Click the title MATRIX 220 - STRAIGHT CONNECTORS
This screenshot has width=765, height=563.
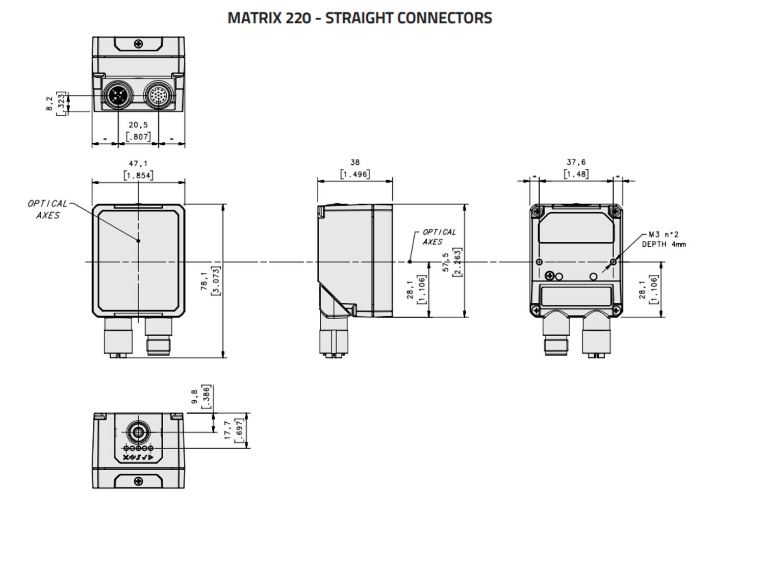coord(360,18)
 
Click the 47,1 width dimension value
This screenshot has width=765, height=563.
coord(138,164)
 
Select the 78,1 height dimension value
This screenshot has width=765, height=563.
coord(205,281)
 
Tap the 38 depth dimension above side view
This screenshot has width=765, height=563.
coord(355,162)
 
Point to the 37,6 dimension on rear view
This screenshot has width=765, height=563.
coord(576,162)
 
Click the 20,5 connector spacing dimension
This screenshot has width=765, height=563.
coord(138,125)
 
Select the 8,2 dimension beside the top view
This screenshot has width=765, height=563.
coord(49,104)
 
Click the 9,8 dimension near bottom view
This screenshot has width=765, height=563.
coord(195,397)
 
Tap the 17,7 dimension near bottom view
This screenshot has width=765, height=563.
coord(228,430)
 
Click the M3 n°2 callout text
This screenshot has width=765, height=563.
coord(664,235)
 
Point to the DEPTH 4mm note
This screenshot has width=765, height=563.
coord(664,244)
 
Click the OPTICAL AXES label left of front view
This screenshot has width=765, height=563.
coord(47,210)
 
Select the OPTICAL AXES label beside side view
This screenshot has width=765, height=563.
coord(439,237)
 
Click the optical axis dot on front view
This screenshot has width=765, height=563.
coord(138,240)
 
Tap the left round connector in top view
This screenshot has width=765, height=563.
coord(118,95)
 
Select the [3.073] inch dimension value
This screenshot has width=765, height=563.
coord(216,281)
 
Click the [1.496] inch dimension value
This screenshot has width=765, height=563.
coord(355,174)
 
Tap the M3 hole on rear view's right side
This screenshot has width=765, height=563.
coord(613,262)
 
